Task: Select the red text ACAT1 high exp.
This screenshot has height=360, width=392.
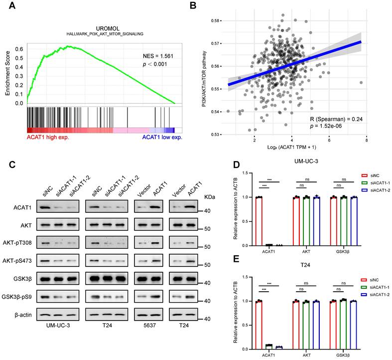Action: tap(47, 137)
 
